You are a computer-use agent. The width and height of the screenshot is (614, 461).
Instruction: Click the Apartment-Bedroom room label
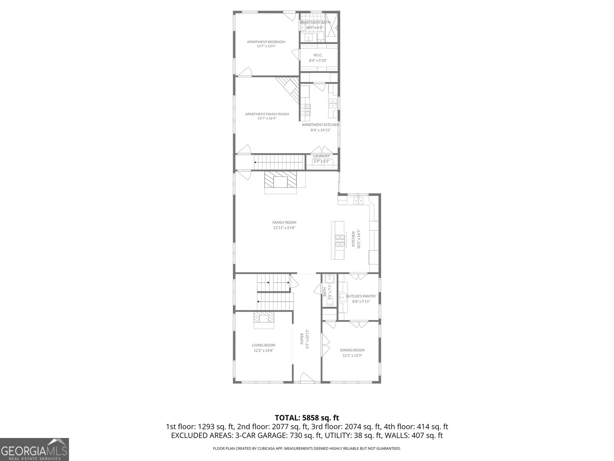click(x=266, y=42)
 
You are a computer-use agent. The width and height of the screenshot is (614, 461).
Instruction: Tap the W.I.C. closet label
click(x=318, y=55)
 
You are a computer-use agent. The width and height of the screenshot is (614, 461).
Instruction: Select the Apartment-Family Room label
click(x=267, y=114)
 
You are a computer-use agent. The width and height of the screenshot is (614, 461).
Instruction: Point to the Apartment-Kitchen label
click(x=320, y=125)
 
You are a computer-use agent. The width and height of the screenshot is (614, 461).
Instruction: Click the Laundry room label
click(x=321, y=156)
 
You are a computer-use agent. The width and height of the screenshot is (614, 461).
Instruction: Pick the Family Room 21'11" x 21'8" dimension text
click(x=284, y=228)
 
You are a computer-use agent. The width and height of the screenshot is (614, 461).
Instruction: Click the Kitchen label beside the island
click(x=353, y=239)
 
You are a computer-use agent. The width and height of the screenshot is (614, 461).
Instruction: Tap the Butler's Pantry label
click(x=361, y=296)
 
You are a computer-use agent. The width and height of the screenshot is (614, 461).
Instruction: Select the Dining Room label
click(x=352, y=350)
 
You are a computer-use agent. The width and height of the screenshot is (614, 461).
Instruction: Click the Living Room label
click(x=263, y=345)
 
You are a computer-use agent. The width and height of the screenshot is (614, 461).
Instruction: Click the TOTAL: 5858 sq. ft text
click(x=307, y=418)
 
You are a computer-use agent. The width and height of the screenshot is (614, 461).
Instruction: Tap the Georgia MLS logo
click(x=34, y=449)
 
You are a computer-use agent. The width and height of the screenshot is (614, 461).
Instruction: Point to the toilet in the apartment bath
click(x=320, y=37)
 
